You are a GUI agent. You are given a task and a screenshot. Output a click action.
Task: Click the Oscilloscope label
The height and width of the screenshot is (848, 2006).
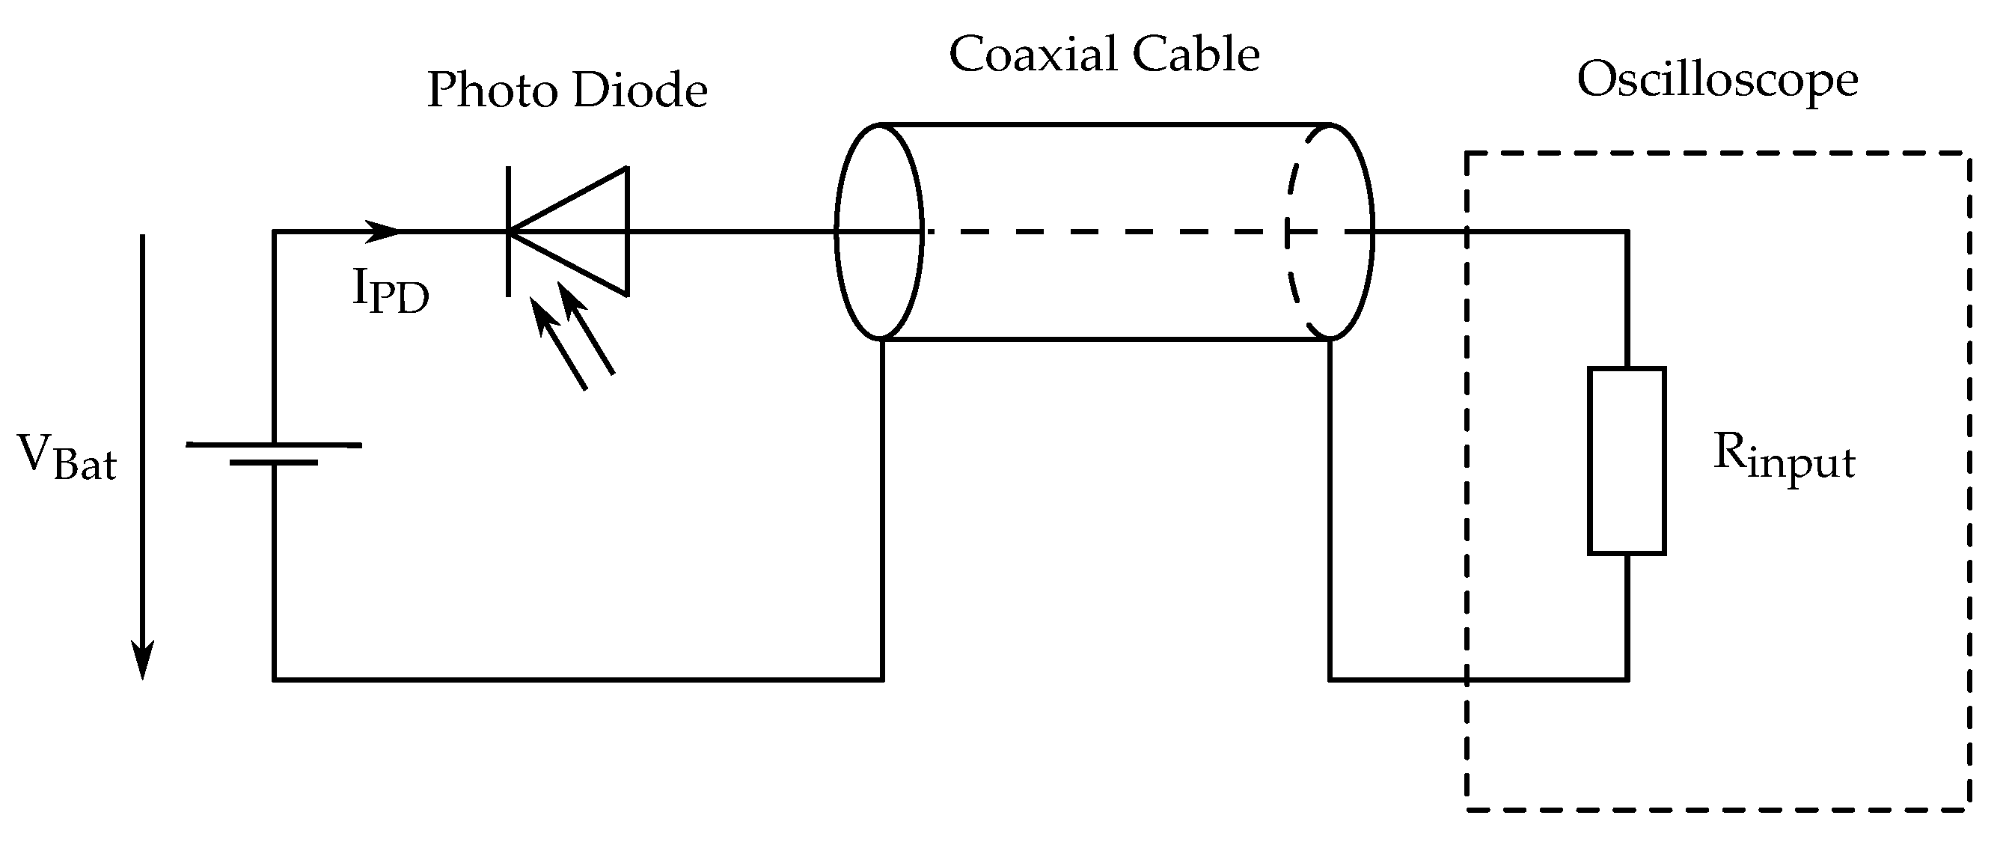coord(1717,81)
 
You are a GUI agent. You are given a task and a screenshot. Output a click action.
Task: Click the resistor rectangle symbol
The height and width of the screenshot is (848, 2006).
coord(1627,461)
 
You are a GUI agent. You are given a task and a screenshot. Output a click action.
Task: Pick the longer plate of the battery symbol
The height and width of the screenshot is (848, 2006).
coord(273,445)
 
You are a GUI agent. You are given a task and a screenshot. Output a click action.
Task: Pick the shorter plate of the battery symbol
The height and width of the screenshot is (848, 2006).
coord(273,463)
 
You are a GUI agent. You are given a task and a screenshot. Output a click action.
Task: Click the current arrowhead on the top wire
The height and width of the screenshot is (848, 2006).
coord(383,231)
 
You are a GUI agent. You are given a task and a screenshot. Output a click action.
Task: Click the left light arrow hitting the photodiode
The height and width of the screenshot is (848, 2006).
coord(557,344)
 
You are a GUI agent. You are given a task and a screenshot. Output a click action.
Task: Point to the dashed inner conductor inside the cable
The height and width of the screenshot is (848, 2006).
coord(1106,231)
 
